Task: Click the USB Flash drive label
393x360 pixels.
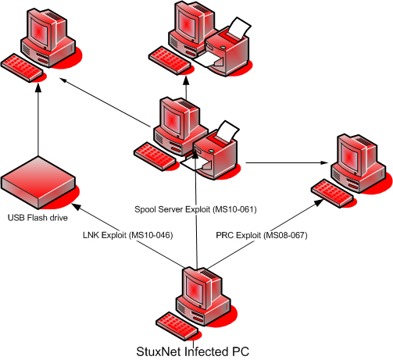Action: click(x=38, y=218)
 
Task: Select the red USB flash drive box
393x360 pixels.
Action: click(x=38, y=183)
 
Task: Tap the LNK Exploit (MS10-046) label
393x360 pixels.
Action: click(x=128, y=235)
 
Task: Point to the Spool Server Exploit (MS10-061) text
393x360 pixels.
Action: click(x=195, y=209)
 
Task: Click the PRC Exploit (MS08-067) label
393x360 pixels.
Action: click(x=262, y=235)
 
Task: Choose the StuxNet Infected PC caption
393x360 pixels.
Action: click(x=193, y=351)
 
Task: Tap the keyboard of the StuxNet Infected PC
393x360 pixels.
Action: click(x=177, y=326)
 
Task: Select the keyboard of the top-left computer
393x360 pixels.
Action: click(x=22, y=68)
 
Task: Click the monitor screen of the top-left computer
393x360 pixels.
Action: click(x=39, y=31)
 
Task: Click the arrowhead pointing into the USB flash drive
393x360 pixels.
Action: click(x=76, y=206)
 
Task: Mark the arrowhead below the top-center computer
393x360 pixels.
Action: click(x=186, y=80)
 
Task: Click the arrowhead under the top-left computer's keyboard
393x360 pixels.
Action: click(x=38, y=87)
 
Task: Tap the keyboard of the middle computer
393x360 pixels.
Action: click(x=155, y=156)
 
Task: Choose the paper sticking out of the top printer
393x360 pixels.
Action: click(x=239, y=28)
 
